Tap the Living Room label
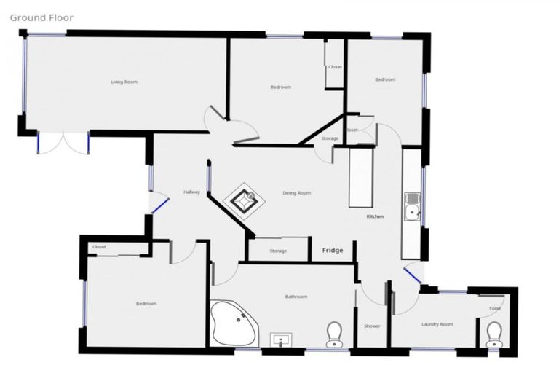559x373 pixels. tap(124, 82)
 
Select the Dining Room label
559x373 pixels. tap(297, 193)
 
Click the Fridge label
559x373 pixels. tap(333, 251)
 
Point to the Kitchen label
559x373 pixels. tap(375, 216)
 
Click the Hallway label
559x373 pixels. tap(191, 192)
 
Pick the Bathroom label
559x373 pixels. tap(296, 297)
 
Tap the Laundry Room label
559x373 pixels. tap(437, 324)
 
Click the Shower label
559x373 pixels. tap(372, 326)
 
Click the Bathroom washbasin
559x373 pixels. tap(281, 339)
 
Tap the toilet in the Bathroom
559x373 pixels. tap(334, 334)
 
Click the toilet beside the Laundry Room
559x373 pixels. tap(494, 334)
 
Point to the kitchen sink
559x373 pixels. tap(412, 205)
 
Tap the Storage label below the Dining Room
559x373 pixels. tap(278, 251)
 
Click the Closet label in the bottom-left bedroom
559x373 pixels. tap(99, 247)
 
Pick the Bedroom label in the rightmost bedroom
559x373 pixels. tap(385, 79)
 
